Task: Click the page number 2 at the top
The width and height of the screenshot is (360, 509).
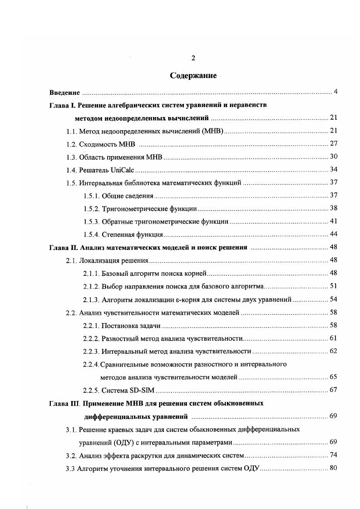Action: tap(193, 58)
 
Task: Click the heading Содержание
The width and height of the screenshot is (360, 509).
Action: tap(193, 75)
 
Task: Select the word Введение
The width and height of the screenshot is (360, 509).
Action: tap(64, 93)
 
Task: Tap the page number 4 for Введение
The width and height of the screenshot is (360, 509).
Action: tap(335, 92)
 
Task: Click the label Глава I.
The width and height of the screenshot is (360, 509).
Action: tap(62, 105)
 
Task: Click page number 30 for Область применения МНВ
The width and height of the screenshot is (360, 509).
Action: tap(333, 157)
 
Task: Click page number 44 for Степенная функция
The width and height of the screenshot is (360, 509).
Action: tap(333, 235)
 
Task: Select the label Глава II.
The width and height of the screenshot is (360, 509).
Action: tap(64, 248)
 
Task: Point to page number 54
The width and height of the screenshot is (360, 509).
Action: tap(333, 299)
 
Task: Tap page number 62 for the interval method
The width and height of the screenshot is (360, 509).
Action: tap(333, 351)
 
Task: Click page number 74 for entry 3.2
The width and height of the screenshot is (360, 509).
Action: tap(333, 455)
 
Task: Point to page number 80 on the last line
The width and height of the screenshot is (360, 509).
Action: tap(333, 468)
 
